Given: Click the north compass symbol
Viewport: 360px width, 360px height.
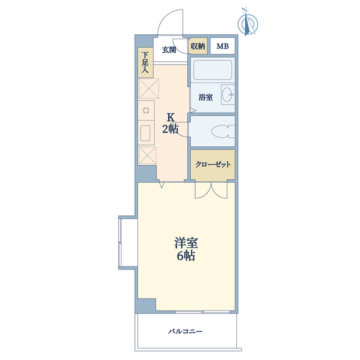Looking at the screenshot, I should [x=248, y=22].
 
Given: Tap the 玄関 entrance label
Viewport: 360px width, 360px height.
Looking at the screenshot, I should [x=169, y=49].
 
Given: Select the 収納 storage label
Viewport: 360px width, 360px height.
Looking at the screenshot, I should [x=197, y=46].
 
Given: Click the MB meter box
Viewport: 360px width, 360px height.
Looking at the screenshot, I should [x=223, y=46].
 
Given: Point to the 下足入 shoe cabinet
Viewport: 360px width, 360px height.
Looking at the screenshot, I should [x=145, y=62].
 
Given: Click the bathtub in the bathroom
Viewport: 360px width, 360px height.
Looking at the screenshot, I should [x=212, y=71].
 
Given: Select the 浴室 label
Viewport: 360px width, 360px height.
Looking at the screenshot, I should [x=205, y=97].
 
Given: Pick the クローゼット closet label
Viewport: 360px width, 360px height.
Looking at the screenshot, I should [x=212, y=165].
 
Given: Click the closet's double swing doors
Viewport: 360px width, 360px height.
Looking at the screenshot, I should [x=211, y=190].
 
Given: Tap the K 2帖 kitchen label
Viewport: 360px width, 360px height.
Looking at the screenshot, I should [x=171, y=123].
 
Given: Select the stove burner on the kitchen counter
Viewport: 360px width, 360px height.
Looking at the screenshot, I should [x=145, y=110].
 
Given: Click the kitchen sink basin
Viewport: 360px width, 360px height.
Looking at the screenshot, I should [x=145, y=134].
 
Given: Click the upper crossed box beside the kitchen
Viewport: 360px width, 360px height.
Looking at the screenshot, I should [x=147, y=88].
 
